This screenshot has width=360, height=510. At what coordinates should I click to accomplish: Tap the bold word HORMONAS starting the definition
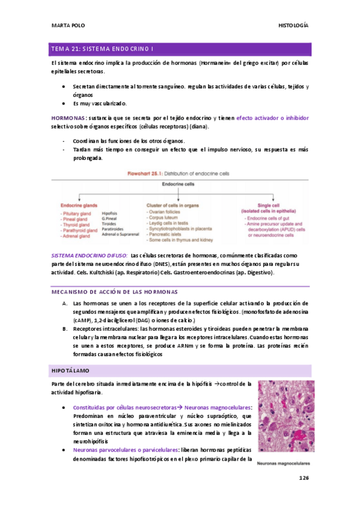point(67,118)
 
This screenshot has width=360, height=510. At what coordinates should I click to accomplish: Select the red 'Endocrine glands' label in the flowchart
point(80,206)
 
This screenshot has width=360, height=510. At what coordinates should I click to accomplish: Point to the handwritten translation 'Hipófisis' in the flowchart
point(110,214)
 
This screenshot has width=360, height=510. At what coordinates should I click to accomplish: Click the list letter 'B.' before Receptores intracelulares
point(65,329)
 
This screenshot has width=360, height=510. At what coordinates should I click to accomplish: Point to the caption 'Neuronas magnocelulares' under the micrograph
point(283,464)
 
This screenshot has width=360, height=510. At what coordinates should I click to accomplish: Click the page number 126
point(304,478)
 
